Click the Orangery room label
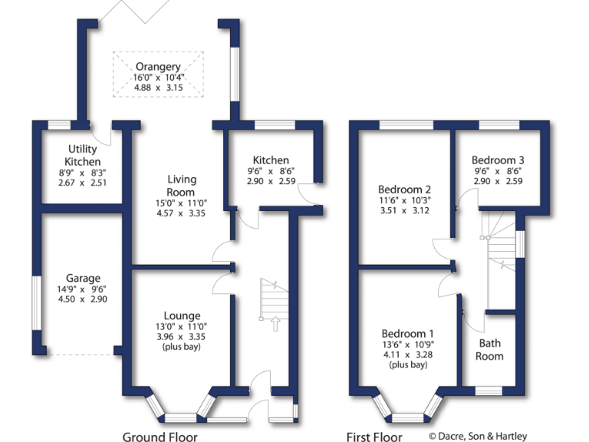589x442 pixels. coord(159,66)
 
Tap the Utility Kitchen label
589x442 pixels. coord(83,155)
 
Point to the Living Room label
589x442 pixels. coord(181,185)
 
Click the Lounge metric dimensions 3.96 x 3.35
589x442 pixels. coord(182,336)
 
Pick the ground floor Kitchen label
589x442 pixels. coord(274,160)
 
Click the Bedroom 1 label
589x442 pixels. coord(408,333)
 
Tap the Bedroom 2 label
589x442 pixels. coord(405,189)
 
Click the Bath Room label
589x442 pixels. coord(490,349)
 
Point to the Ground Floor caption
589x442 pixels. coord(160,437)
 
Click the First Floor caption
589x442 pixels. coord(375,437)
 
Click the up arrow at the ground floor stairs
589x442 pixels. coord(273,325)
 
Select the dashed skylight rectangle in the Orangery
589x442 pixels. coord(159,74)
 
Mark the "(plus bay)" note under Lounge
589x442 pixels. coord(182,348)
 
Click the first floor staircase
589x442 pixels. coord(499,246)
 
